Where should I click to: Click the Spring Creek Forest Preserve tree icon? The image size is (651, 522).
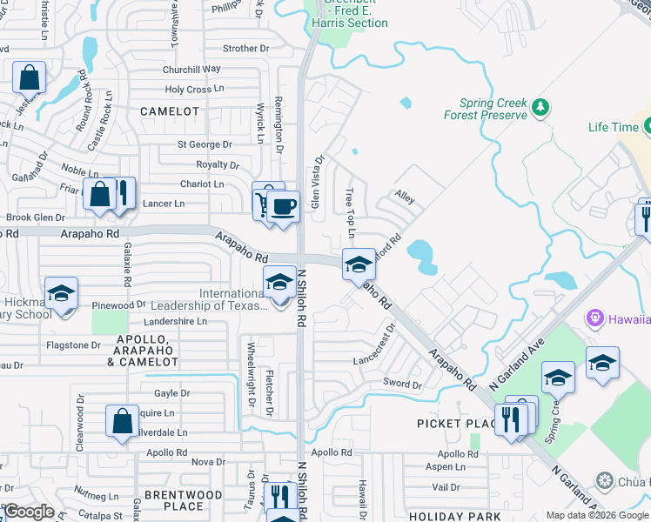tap(541, 107)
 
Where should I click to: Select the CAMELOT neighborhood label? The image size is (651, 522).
tap(170, 112)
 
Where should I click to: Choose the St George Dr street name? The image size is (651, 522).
tap(205, 144)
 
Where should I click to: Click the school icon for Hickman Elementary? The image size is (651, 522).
tap(61, 293)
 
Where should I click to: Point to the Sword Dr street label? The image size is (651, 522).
tap(402, 384)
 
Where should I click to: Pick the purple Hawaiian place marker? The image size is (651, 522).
tap(596, 318)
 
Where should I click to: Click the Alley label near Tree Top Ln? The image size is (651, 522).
tap(404, 197)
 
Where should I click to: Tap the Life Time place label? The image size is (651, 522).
tap(613, 127)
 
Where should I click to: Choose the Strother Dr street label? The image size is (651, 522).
tap(228, 49)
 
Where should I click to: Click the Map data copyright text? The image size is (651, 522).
tap(597, 515)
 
